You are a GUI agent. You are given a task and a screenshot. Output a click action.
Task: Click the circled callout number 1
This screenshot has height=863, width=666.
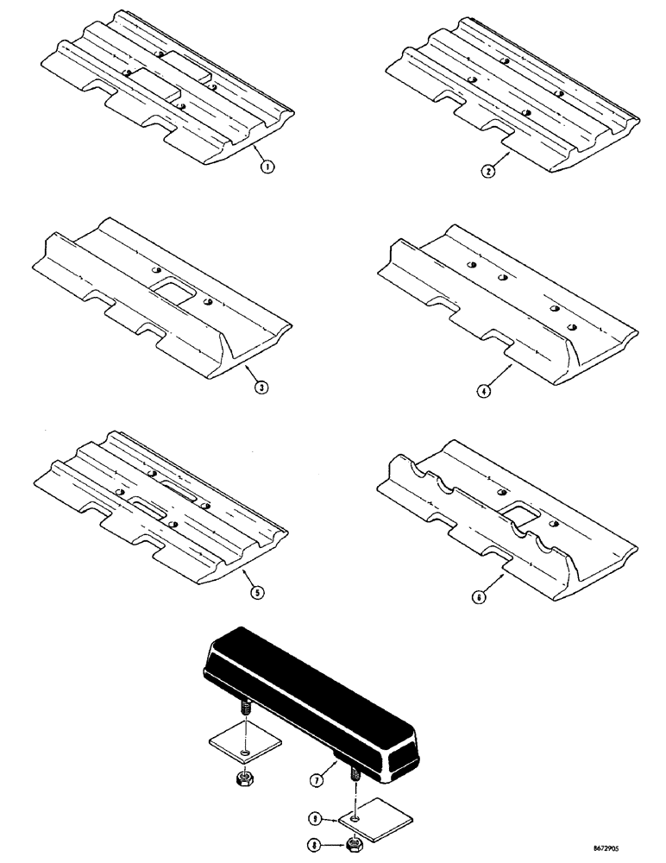[x=268, y=167]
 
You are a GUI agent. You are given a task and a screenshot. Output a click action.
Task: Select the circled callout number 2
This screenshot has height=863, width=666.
[x=488, y=170]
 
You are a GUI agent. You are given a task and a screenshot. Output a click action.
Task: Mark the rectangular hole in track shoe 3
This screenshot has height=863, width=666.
[x=170, y=293]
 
